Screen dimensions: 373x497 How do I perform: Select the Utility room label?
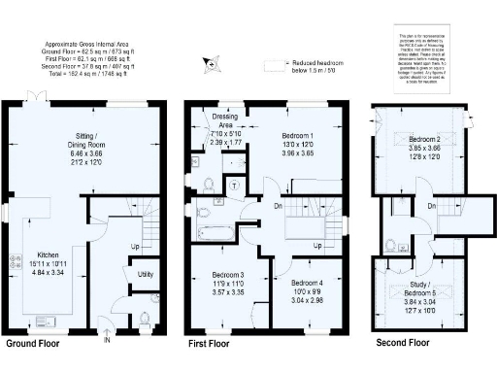(x=146, y=276)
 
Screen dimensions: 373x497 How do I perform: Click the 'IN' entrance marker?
(x=108, y=339)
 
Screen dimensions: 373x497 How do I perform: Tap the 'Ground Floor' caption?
(x=35, y=344)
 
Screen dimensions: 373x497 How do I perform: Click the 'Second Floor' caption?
(x=402, y=344)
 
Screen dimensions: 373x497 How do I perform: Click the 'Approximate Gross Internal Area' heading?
(x=89, y=45)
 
